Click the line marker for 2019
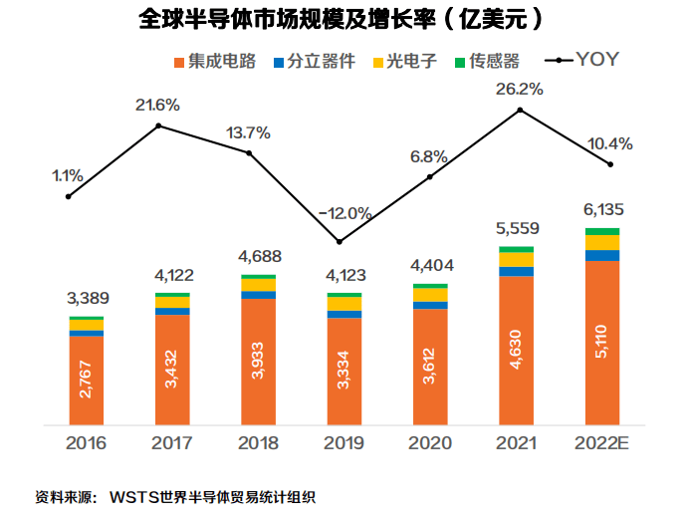click(x=340, y=242)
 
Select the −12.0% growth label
click(x=344, y=213)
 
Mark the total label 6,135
click(x=602, y=210)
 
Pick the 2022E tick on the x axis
click(x=602, y=442)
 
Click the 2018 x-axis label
click(x=258, y=442)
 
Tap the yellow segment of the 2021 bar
click(x=516, y=260)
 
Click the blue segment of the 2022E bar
click(x=602, y=256)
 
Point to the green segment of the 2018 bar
click(x=258, y=276)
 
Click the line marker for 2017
click(x=158, y=126)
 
